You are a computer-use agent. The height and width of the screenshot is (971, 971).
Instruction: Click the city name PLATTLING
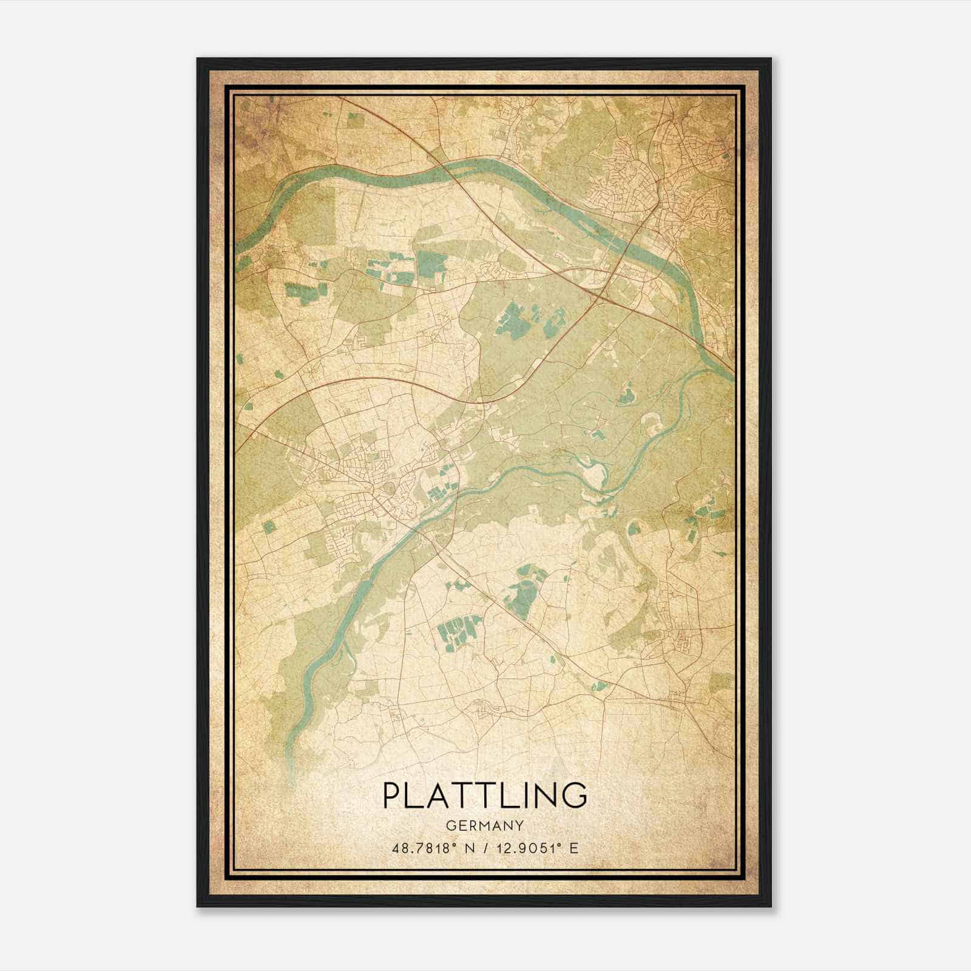[485, 796]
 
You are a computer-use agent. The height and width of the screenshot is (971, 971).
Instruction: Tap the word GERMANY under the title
[485, 825]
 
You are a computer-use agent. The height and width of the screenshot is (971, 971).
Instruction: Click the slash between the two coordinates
[484, 848]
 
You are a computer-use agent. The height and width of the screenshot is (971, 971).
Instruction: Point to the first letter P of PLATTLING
[391, 796]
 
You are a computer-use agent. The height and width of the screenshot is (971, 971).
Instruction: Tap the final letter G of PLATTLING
[576, 796]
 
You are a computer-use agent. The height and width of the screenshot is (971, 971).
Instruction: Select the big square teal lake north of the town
[431, 260]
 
